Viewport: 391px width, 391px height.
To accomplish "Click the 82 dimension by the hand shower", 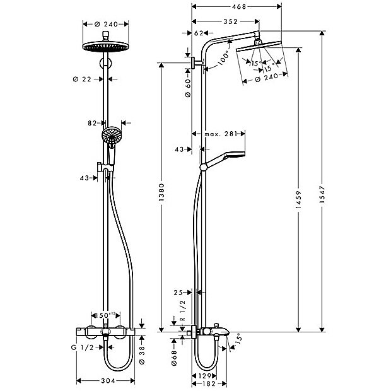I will (x=92, y=124).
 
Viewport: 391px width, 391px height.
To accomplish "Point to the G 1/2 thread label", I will (x=83, y=347).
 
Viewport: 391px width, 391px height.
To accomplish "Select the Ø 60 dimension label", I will (x=187, y=86).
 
